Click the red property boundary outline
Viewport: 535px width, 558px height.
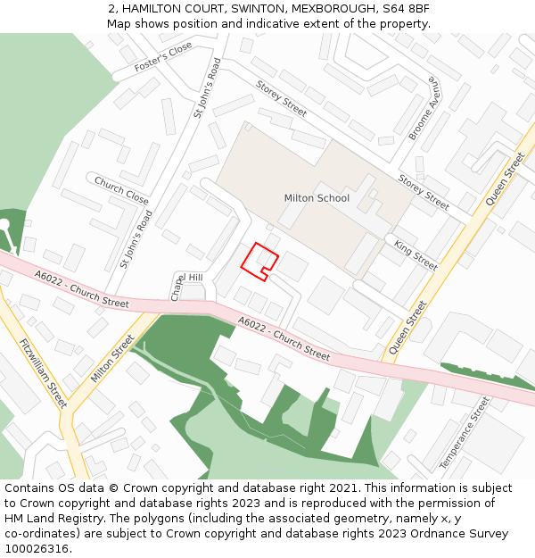[x=259, y=261]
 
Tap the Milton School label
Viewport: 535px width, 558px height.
[x=317, y=198]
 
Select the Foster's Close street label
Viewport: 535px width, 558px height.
[x=163, y=57]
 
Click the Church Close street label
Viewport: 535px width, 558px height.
[x=121, y=190]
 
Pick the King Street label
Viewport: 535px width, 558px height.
[x=416, y=255]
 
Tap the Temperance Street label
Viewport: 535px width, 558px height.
[x=465, y=434]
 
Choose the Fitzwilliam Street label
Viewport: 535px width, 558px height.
[x=43, y=372]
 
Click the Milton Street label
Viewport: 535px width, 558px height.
[x=112, y=358]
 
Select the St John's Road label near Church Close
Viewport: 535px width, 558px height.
[x=137, y=239]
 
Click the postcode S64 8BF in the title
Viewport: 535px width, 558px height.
[x=407, y=9]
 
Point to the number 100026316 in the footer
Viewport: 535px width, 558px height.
[x=36, y=549]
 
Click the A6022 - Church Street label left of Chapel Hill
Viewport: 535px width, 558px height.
[x=82, y=290]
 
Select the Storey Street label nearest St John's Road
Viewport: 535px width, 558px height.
[x=281, y=99]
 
